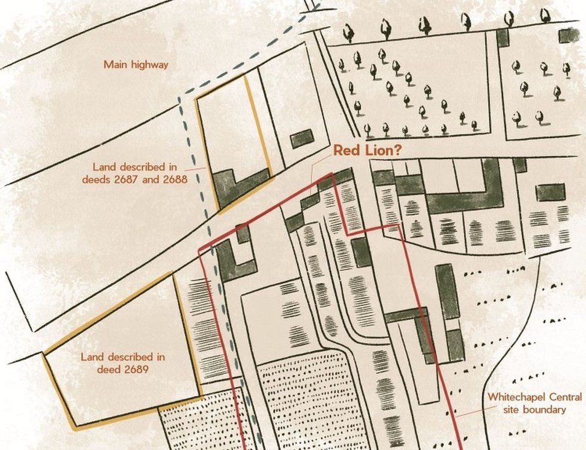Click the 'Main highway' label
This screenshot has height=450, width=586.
pos(136,64)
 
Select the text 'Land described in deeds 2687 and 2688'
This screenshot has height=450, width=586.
pos(140,173)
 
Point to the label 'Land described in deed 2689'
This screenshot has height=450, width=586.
pos(123,363)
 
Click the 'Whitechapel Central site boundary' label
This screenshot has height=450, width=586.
pos(534,403)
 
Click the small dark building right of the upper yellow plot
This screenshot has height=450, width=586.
pos(302,139)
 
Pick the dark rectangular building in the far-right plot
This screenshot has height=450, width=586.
pos(550,192)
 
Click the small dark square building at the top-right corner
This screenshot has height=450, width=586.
pos(569,35)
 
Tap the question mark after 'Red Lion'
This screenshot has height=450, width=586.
pos(397,151)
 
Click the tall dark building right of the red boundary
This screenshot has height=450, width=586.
pos(447,291)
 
